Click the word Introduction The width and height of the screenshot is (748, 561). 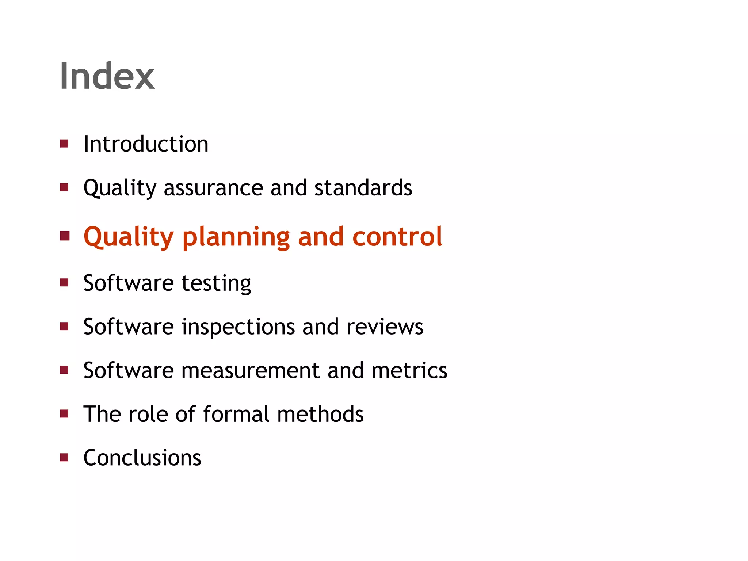tap(146, 144)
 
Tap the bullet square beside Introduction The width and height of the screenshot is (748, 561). tap(64, 144)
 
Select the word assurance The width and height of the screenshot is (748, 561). tap(213, 188)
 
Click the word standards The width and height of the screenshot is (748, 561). tap(363, 188)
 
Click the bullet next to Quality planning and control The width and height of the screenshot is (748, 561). tap(65, 236)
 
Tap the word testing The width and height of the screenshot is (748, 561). tap(216, 283)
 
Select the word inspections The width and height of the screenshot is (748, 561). tap(238, 327)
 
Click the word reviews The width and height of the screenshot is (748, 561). tap(385, 327)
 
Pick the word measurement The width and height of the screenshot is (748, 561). tap(250, 370)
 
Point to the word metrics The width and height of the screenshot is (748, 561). tap(409, 370)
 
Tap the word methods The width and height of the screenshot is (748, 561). tap(320, 414)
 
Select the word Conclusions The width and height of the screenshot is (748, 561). tap(142, 458)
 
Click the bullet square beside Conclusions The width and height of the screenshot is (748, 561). tap(64, 457)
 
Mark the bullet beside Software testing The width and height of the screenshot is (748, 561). tap(64, 282)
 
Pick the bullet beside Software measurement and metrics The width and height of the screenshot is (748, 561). tap(64, 370)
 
